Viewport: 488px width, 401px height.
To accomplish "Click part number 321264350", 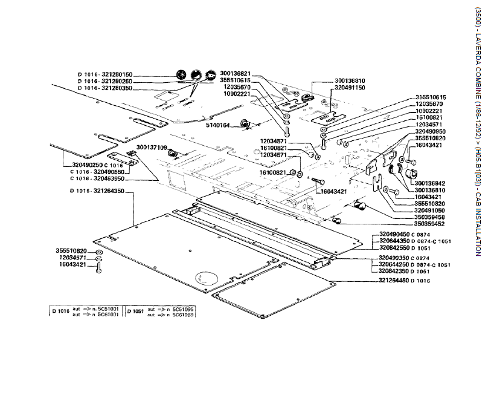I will click(109, 191).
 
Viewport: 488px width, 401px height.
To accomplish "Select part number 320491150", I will click(350, 88).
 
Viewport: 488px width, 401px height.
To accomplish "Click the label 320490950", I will click(431, 131).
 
